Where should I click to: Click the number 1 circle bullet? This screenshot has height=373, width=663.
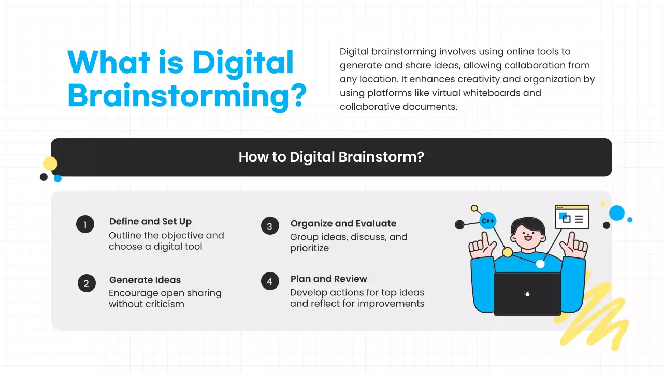[x=85, y=224]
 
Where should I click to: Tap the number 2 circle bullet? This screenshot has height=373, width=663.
[x=87, y=283]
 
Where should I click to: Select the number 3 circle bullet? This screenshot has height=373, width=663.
[x=270, y=226]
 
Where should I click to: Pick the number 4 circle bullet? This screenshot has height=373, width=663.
[x=270, y=282]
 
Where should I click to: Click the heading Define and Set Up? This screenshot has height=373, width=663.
[x=150, y=222]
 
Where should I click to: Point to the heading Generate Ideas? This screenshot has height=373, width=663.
[x=145, y=280]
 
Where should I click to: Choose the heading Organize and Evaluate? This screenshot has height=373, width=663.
[x=343, y=223]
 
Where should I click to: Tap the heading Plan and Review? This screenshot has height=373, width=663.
[x=329, y=279]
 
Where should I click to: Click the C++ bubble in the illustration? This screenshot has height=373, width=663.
[x=488, y=221]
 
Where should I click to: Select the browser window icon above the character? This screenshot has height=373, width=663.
[x=572, y=217]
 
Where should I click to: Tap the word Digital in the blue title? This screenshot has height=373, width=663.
[x=243, y=63]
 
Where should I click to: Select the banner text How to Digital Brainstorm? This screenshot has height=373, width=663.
[x=331, y=157]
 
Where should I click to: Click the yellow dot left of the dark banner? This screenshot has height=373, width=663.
[x=50, y=164]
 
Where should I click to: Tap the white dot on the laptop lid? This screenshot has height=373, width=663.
[x=527, y=294]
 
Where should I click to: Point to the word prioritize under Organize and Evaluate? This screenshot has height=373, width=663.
[x=309, y=248]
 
